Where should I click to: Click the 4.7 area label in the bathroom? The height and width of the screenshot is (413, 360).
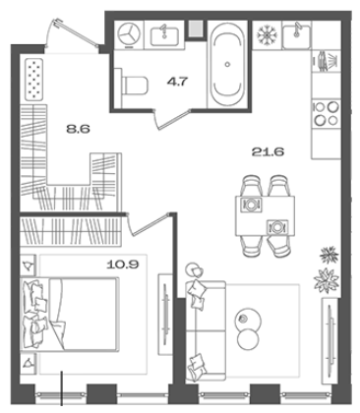pos(178,82)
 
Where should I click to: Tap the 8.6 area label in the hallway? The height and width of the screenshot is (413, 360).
pos(78,129)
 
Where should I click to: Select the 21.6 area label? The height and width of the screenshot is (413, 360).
pos(268,151)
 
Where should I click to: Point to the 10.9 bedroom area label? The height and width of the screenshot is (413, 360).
pos(123,265)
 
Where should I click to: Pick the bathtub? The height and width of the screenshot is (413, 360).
pos(227,64)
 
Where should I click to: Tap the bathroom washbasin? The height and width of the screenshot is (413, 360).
pos(164,35)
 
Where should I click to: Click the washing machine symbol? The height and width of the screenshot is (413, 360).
pos(129,34)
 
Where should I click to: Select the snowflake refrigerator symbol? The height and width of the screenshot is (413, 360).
pos(268,34)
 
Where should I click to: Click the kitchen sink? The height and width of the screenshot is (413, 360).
pos(297,35)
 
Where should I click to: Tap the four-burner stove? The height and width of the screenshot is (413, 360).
pos(326,114)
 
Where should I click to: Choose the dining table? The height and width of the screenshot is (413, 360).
pos(265,215)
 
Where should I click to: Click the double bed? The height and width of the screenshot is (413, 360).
pos(69,314)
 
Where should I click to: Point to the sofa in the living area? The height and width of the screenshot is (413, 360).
pos(205,330)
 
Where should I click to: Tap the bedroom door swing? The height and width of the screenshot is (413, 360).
pos(150,224)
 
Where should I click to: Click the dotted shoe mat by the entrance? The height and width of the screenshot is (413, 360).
pos(34,79)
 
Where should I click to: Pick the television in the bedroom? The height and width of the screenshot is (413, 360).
pos(165,315)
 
